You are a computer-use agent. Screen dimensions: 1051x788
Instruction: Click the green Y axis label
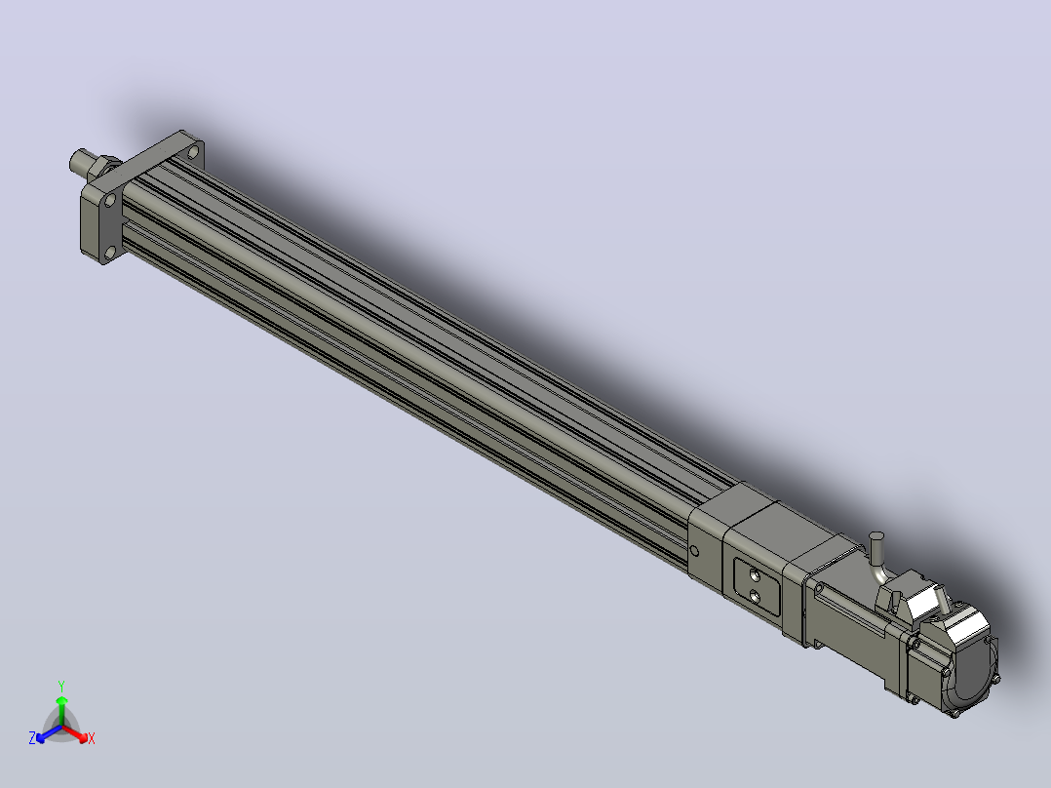[x=61, y=686]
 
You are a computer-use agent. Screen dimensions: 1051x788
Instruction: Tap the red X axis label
[x=92, y=738]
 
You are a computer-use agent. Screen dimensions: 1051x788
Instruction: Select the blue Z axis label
[x=32, y=738]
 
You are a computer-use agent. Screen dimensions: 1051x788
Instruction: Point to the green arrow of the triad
[x=61, y=710]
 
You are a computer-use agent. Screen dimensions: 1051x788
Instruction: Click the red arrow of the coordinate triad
[x=75, y=733]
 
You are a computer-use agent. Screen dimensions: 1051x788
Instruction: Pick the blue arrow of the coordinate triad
[x=49, y=733]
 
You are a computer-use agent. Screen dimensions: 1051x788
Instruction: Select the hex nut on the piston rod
[x=101, y=169]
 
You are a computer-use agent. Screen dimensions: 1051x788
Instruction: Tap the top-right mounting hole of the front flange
[x=193, y=152]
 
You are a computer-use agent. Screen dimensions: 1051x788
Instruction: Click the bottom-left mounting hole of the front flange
[x=110, y=254]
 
